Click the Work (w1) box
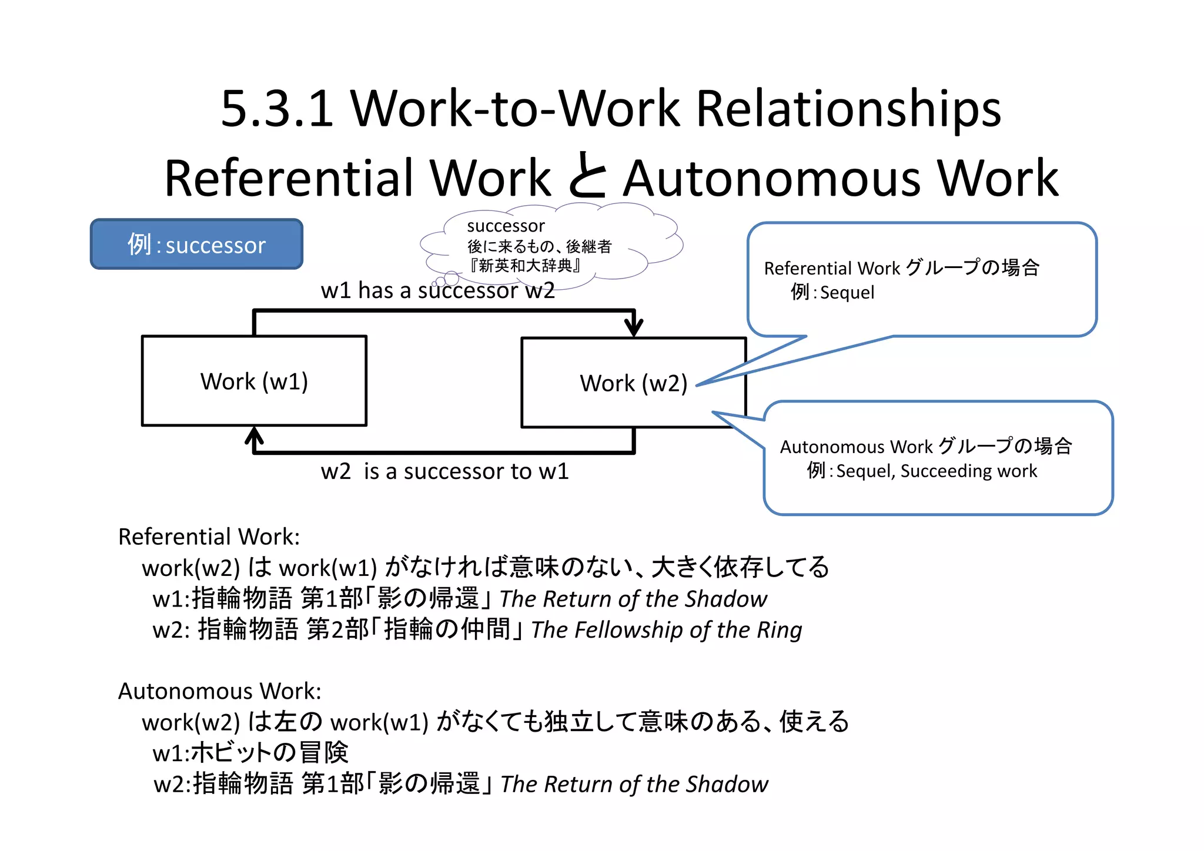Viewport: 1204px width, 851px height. click(x=254, y=381)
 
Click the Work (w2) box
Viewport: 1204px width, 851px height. click(x=633, y=383)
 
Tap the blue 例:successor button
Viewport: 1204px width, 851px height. click(x=196, y=244)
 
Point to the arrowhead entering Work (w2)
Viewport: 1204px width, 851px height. click(x=633, y=327)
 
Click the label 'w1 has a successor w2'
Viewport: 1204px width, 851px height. click(x=437, y=290)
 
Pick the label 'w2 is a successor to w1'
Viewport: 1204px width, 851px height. click(x=444, y=471)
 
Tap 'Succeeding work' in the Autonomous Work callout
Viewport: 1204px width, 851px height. click(x=968, y=471)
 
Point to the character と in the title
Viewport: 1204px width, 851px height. click(x=587, y=176)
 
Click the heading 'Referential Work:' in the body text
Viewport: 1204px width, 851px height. click(x=209, y=537)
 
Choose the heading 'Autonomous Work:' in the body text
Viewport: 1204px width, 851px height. click(x=219, y=691)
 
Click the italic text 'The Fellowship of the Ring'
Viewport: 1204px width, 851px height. click(x=666, y=630)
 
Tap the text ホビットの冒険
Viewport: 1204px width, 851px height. click(x=270, y=753)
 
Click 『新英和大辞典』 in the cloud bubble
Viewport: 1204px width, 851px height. click(x=525, y=266)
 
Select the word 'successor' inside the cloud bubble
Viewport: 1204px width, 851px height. click(x=506, y=226)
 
